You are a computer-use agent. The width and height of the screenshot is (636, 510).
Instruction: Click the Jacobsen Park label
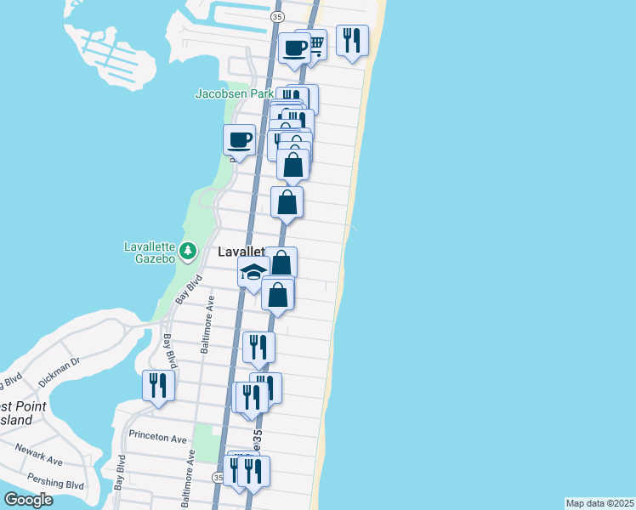[x=234, y=93]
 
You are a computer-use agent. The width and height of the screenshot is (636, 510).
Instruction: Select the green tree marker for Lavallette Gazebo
[x=188, y=252]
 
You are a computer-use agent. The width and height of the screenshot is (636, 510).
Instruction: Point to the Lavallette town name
[x=242, y=252]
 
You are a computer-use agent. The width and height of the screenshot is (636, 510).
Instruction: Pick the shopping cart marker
[x=314, y=43]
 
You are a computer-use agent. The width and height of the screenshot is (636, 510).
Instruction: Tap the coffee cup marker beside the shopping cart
[x=295, y=48]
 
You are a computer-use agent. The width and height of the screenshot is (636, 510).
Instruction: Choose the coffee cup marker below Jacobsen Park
[x=240, y=139]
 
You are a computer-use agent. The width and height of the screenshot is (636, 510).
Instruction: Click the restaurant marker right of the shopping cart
[x=352, y=40]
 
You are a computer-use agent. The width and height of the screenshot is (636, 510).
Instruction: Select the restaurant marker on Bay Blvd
[x=159, y=385]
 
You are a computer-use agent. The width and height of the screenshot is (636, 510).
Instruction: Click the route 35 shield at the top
[x=277, y=16]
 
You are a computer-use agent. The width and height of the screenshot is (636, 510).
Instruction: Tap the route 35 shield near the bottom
[x=219, y=479]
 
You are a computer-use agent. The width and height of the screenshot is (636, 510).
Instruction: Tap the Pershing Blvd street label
[x=61, y=484]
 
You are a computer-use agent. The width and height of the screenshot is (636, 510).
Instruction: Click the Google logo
[x=28, y=500]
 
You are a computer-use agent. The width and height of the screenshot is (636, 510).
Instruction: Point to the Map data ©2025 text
[x=599, y=503]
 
